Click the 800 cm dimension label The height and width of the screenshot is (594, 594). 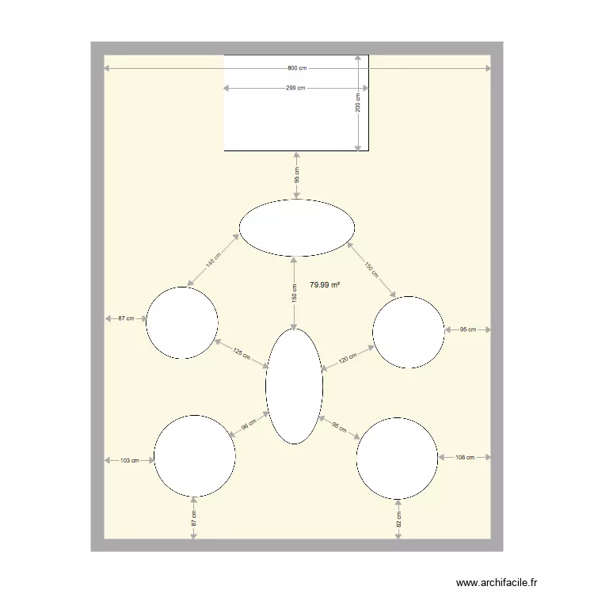(297, 69)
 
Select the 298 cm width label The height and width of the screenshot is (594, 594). (295, 88)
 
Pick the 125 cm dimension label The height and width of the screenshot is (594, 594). (241, 355)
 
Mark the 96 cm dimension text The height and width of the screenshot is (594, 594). (248, 425)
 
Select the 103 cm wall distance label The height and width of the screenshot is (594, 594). (129, 459)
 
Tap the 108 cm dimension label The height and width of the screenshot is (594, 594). (465, 457)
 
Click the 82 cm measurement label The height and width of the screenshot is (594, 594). (398, 520)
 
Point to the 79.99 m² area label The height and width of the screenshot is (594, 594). (324, 284)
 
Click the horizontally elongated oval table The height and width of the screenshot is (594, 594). (297, 228)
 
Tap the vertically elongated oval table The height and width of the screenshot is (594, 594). (294, 386)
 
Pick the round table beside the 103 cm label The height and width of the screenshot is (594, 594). (194, 455)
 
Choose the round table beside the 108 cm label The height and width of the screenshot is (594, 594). (397, 459)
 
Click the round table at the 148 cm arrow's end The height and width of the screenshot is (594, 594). (182, 323)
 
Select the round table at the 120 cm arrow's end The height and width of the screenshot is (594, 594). (408, 333)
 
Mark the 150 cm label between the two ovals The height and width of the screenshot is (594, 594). (295, 293)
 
